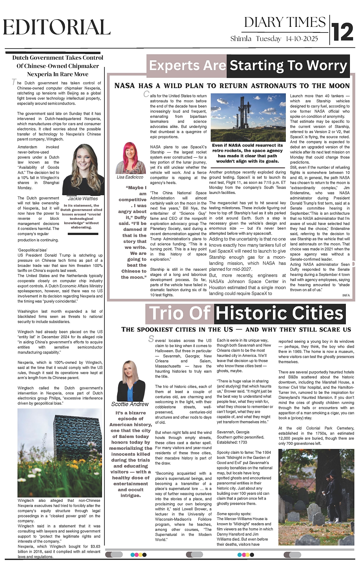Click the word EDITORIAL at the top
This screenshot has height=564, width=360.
[x=57, y=27]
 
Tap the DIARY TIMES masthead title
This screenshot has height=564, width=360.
[x=285, y=22]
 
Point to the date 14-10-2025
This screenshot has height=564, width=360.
[x=302, y=39]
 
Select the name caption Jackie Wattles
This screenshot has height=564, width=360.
[x=83, y=199]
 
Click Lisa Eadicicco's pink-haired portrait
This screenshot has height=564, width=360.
[x=130, y=158]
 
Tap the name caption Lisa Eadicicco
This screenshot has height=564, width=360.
[x=130, y=177]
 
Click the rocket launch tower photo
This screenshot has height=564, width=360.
[x=247, y=118]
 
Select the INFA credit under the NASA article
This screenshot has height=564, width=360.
[x=346, y=295]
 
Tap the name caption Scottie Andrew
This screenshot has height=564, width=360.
[x=130, y=404]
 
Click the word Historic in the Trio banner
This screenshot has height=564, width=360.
[x=252, y=313]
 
